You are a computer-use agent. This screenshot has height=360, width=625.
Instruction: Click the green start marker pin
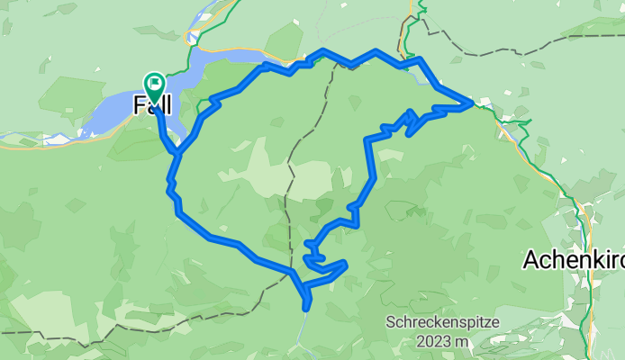154,88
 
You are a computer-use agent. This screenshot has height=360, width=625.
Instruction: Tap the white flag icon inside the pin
155,86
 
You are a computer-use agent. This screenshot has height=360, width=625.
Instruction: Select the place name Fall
153,105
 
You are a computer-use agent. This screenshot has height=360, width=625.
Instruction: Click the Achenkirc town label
574,260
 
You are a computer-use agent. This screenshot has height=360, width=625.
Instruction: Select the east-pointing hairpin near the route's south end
345,265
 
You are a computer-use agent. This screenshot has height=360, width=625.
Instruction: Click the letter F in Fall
139,105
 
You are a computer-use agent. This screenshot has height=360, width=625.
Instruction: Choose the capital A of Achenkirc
531,260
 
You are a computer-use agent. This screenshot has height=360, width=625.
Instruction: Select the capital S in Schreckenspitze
392,322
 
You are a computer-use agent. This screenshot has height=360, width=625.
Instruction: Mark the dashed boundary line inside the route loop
290,180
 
